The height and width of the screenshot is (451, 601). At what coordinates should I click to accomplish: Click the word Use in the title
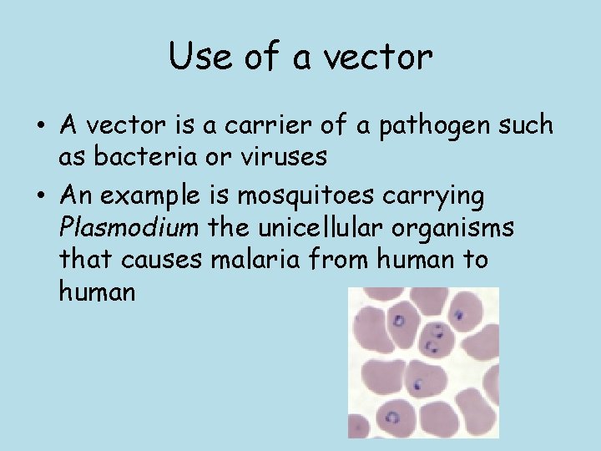click(x=196, y=57)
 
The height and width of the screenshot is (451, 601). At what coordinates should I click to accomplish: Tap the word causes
click(x=161, y=260)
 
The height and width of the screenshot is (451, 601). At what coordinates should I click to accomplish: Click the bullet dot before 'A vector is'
click(x=40, y=127)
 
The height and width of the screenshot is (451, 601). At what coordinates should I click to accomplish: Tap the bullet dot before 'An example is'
click(x=40, y=198)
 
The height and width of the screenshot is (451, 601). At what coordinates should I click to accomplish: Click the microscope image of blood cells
click(x=423, y=362)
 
